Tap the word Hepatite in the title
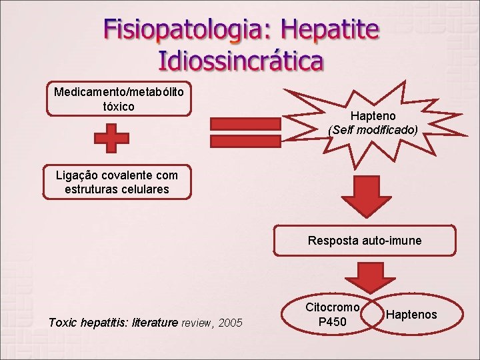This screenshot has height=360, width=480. point(331,31)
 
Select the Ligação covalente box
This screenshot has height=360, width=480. point(117,182)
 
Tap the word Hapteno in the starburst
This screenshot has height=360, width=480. point(373,117)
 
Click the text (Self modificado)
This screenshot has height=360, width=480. point(373,130)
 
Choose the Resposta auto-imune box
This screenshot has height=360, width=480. point(365,241)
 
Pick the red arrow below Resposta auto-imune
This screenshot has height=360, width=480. point(365,276)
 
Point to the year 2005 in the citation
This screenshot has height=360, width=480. point(230,323)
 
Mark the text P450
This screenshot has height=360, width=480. point(332,322)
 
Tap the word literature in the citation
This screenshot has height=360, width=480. point(155,323)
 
